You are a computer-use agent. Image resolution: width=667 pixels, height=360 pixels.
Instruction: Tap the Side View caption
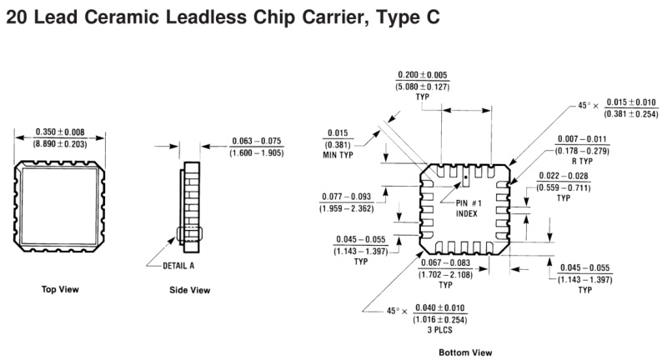pyautogui.click(x=190, y=290)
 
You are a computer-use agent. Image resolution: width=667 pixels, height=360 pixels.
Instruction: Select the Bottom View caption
pyautogui.click(x=465, y=352)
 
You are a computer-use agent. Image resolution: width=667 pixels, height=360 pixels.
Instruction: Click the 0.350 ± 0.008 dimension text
pyautogui.click(x=59, y=132)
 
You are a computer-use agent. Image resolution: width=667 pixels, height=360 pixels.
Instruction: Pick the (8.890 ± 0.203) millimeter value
pyautogui.click(x=59, y=144)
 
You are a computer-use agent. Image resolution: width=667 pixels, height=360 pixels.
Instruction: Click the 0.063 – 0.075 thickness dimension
pyautogui.click(x=256, y=141)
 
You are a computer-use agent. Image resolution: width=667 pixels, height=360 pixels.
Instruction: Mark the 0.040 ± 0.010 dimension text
pyautogui.click(x=436, y=307)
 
